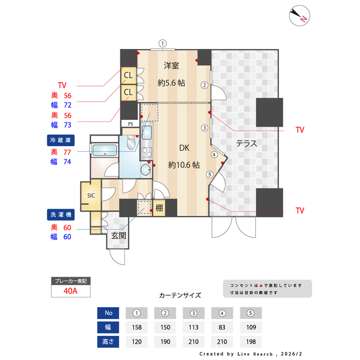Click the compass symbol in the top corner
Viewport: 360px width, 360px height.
(x=299, y=16)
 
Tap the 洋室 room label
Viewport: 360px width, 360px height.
(x=171, y=65)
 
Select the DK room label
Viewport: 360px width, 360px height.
(x=184, y=148)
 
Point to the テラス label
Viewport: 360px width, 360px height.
(x=246, y=143)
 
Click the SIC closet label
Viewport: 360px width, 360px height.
(x=91, y=195)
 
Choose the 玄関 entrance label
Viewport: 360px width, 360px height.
(x=118, y=236)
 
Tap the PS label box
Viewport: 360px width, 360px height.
(x=130, y=124)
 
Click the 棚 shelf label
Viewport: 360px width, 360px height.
(x=159, y=208)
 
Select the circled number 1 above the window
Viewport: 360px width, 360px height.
(x=163, y=43)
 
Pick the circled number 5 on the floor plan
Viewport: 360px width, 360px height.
(x=210, y=174)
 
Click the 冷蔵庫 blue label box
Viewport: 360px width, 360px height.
(x=61, y=139)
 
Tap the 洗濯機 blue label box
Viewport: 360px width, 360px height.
(x=61, y=214)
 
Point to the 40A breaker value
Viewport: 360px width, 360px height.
(x=70, y=291)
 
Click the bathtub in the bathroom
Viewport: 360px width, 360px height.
(x=104, y=150)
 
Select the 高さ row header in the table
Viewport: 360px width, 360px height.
(x=109, y=341)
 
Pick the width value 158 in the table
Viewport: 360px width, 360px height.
(x=136, y=327)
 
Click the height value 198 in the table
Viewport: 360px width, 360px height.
(x=251, y=341)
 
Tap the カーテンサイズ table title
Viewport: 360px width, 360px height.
(x=180, y=295)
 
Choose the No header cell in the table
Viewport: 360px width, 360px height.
(x=109, y=313)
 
